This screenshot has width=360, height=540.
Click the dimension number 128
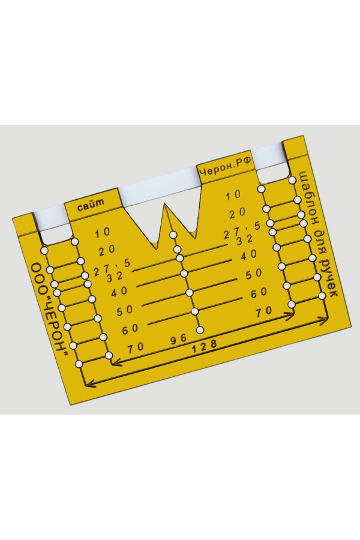pyautogui.click(x=205, y=346)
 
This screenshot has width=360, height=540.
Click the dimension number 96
pyautogui.click(x=179, y=339)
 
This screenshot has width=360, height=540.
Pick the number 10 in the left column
pyautogui.click(x=103, y=233)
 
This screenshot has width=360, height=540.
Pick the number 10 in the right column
pyautogui.click(x=233, y=195)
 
